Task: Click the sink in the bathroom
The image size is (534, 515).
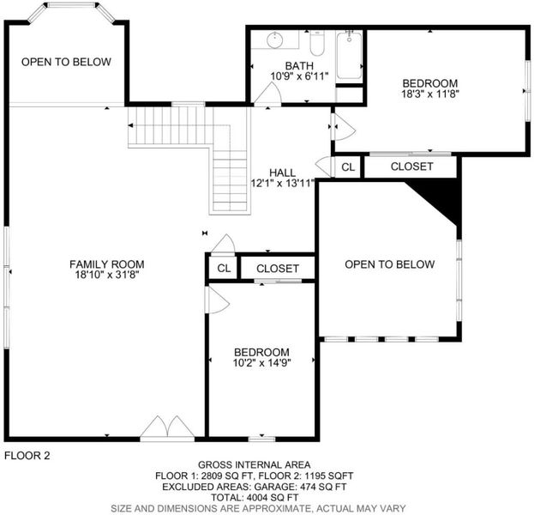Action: (275, 40)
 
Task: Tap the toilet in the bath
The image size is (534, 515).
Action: (317, 43)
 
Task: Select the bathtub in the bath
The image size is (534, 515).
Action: (349, 55)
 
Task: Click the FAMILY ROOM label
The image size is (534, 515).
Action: (107, 264)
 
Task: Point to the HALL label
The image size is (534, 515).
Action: (282, 173)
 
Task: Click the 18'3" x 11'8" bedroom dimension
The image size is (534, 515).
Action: (430, 94)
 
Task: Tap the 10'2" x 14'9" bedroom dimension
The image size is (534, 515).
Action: (261, 362)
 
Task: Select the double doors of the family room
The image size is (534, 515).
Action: (167, 427)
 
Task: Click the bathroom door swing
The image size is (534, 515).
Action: (267, 93)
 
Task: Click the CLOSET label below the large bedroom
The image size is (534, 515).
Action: (411, 167)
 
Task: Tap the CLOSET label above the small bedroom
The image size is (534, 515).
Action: (278, 269)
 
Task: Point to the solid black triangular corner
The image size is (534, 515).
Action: (439, 198)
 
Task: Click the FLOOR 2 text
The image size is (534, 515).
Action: (27, 455)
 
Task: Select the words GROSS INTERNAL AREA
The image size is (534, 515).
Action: (254, 464)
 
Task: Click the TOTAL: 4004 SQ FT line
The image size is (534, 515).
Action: (255, 497)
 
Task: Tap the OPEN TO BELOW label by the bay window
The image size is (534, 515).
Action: (66, 62)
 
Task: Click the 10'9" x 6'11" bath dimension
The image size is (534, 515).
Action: (299, 76)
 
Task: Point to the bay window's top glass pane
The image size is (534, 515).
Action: (71, 5)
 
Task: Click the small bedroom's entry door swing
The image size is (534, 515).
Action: (218, 300)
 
